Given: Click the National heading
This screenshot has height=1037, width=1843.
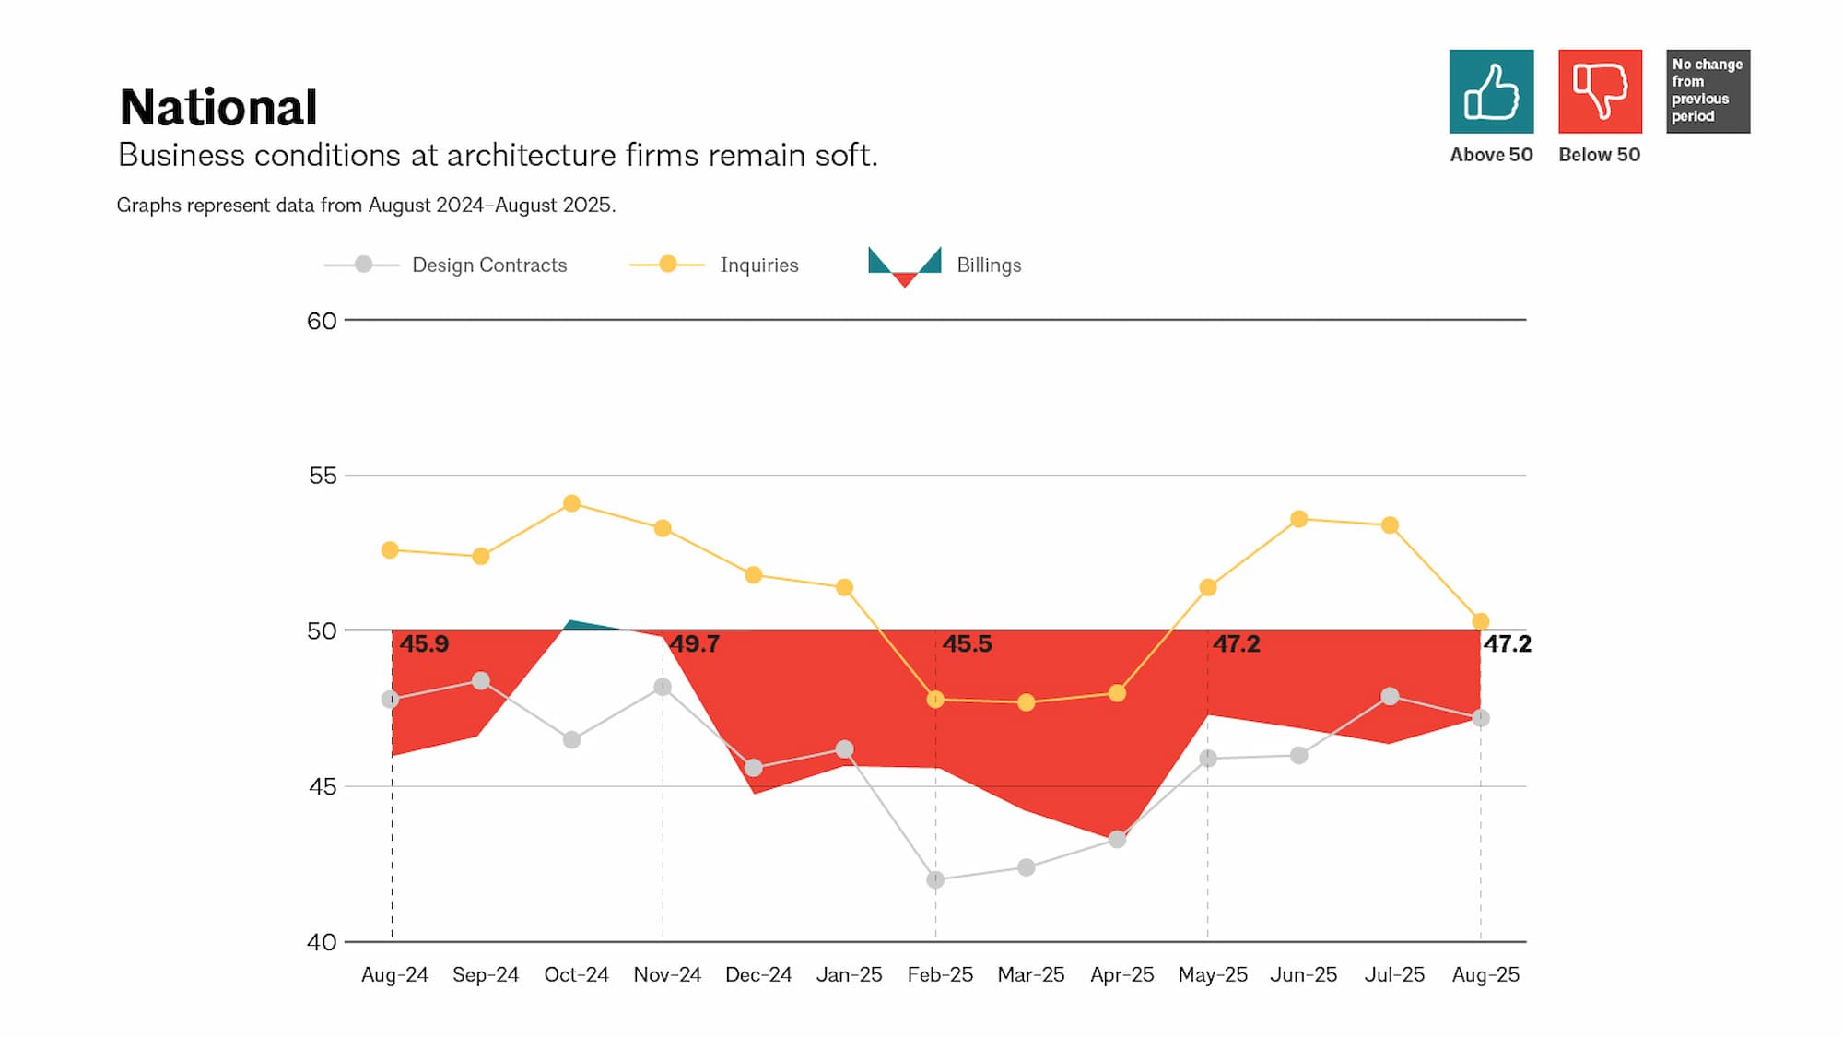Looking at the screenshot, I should point(218,107).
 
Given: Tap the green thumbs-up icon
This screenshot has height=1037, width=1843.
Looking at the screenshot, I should point(1491,91).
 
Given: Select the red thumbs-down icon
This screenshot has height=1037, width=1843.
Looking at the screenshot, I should point(1600,91).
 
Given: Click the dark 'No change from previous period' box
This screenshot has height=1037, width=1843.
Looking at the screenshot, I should point(1708,91).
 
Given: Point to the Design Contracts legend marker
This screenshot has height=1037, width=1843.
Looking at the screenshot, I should point(363,265).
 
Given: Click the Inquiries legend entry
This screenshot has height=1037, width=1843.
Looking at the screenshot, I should point(758,265).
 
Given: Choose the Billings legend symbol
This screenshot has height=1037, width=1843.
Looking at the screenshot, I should point(904,265).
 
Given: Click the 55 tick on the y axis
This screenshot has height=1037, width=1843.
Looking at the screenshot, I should point(323,476).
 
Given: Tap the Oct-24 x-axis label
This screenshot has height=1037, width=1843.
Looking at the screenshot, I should point(576,974).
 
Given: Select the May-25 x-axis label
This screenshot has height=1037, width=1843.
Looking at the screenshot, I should point(1212,974).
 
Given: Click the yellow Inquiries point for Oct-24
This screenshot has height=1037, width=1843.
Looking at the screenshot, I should point(571,503).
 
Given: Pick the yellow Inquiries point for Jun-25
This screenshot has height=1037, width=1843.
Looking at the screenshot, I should point(1298,519).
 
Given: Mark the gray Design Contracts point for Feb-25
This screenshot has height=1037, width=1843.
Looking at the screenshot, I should point(935,880).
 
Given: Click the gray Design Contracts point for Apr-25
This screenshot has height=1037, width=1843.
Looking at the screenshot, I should point(1117,840).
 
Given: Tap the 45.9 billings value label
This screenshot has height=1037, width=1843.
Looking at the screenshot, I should point(424,643).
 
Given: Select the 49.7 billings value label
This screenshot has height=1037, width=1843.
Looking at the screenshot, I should point(694,643).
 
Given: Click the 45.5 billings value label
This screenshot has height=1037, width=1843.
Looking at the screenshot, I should point(967,643).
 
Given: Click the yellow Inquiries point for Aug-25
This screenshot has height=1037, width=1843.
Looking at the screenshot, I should point(1481,621).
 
